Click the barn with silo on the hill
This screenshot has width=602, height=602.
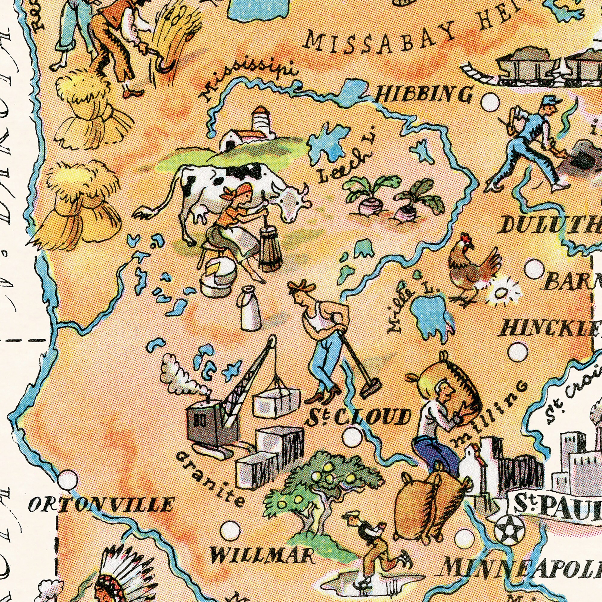[249, 131]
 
